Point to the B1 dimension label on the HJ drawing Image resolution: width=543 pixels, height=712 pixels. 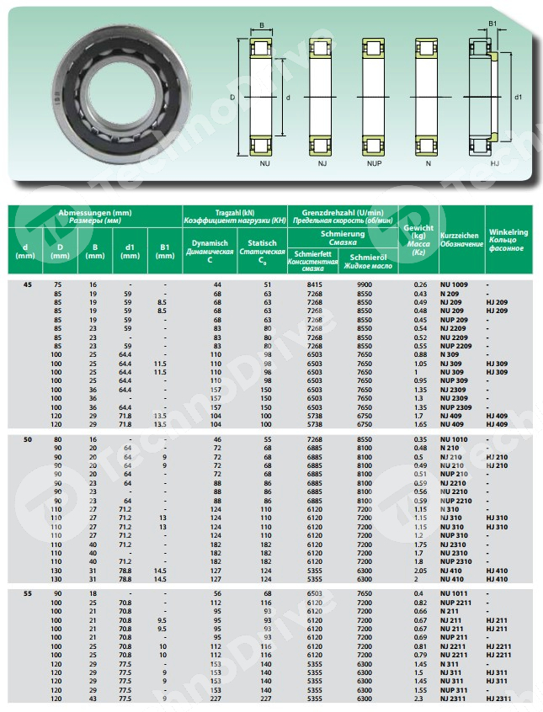point(493,24)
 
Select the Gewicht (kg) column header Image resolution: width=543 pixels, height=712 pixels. point(418,240)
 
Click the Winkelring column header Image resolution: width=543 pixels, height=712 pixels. point(508,240)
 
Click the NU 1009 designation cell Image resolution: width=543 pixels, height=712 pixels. point(455,284)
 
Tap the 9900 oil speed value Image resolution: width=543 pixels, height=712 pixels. point(365,284)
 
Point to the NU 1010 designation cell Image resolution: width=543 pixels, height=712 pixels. point(455,440)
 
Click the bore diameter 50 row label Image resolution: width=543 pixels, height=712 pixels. point(28,440)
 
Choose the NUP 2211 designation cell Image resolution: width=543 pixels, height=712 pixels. point(456,603)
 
